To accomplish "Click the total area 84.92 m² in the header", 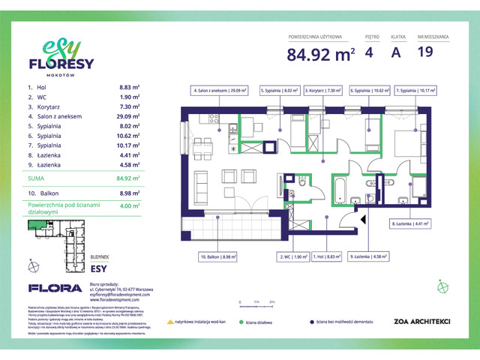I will [319, 54].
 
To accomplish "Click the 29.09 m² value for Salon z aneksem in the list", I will [129, 117].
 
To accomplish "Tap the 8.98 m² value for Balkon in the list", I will [130, 192].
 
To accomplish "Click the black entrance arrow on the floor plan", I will [364, 220].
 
